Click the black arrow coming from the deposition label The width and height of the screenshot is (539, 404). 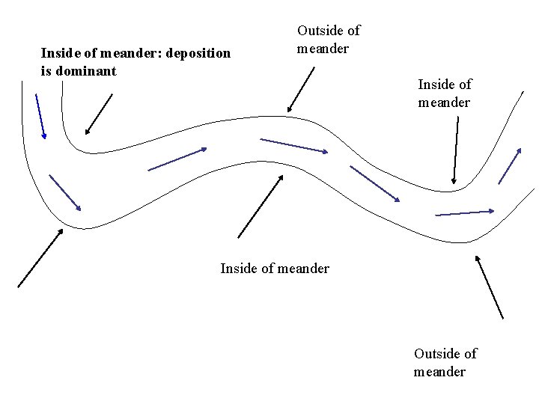tap(99, 114)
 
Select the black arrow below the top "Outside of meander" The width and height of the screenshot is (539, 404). tap(301, 89)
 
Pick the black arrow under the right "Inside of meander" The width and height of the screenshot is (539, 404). tap(456, 150)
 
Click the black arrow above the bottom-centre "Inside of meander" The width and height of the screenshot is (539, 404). tap(260, 206)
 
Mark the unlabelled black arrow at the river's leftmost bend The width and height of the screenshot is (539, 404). tap(40, 257)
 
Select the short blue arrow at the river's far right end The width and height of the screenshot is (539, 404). tap(509, 166)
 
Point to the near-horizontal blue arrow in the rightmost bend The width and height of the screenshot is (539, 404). tap(465, 213)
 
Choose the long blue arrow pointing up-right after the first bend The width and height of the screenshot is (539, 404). tap(177, 159)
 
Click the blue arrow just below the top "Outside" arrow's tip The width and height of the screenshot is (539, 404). tap(293, 145)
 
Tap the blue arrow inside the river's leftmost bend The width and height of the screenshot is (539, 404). tap(64, 192)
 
